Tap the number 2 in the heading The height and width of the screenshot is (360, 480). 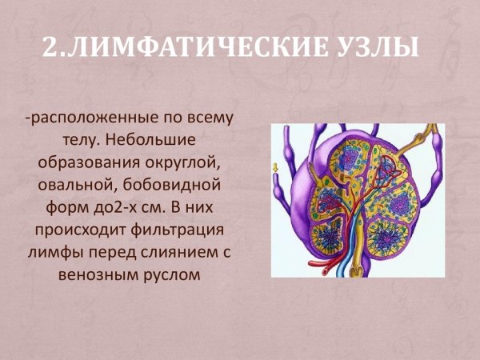[50, 49]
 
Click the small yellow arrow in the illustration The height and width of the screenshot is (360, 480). [276, 168]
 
